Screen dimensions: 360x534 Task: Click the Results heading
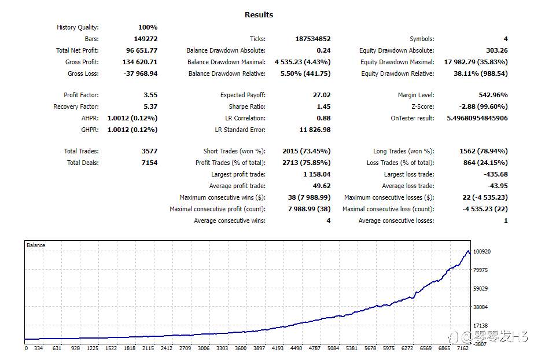[x=259, y=14]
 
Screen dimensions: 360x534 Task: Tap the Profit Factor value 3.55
[x=150, y=95]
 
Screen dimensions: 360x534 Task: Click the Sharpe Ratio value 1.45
[x=323, y=106]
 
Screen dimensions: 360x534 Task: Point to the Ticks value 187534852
[x=312, y=39]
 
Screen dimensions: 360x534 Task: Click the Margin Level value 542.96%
[x=493, y=95]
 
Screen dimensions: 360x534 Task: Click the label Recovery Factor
[x=76, y=106]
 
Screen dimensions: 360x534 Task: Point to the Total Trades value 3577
[x=149, y=151]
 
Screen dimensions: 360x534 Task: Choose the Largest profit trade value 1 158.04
[x=316, y=174]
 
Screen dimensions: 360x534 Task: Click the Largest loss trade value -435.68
[x=496, y=174]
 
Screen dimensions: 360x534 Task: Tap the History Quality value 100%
[x=148, y=27]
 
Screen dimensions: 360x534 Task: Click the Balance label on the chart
[x=36, y=245]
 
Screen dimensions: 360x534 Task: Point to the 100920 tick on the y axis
[x=483, y=252]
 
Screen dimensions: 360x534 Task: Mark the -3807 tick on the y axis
[x=480, y=344]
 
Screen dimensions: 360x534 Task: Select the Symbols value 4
[x=506, y=39]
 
